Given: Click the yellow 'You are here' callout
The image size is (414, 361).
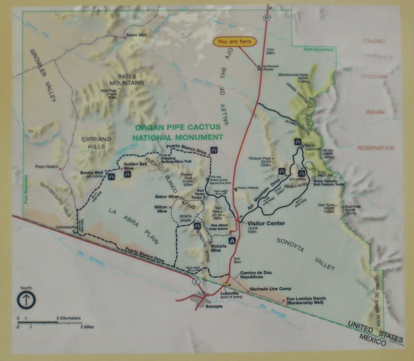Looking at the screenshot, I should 235,41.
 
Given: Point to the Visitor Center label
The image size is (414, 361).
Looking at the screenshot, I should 266,223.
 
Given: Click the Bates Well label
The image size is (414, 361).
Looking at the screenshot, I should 136,36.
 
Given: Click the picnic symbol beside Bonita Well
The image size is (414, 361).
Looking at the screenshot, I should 111,177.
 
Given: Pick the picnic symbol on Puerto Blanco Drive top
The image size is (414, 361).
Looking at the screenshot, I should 214,150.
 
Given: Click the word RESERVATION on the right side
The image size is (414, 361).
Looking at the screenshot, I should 376,148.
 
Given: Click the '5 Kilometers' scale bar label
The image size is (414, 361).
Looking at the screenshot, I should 69,318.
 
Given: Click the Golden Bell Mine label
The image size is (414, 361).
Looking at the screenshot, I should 133,167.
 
